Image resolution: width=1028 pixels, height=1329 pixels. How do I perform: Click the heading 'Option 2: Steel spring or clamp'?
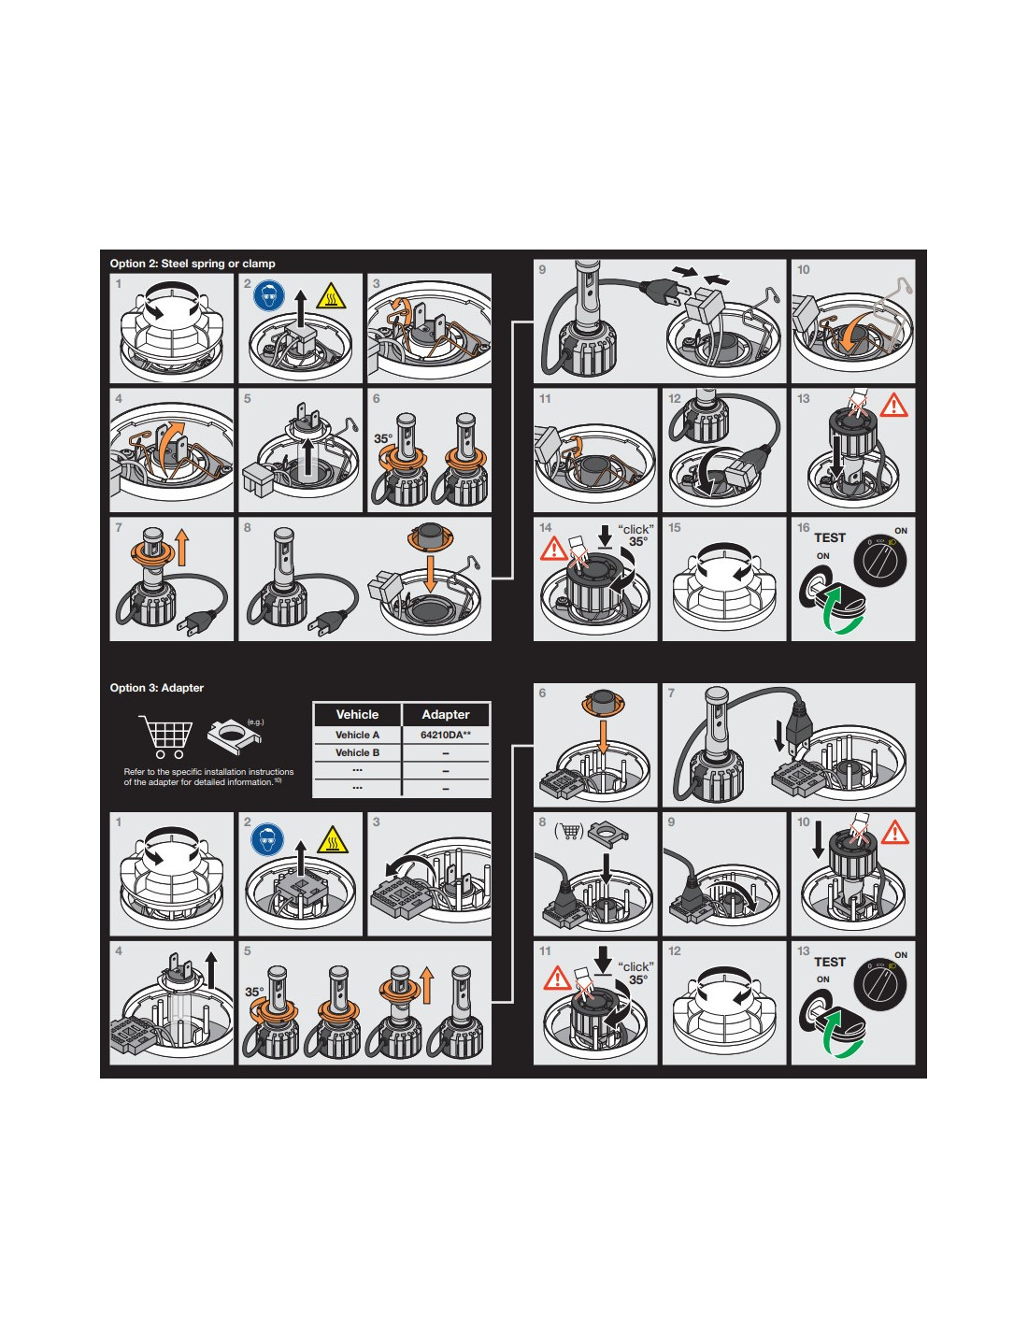coord(192,264)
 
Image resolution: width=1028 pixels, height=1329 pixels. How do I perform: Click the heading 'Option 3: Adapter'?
coord(157,688)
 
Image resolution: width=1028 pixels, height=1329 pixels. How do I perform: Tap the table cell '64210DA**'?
coord(445,735)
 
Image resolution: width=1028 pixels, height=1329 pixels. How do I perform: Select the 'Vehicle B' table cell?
coord(357,752)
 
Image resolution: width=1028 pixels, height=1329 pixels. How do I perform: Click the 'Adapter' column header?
coord(445,714)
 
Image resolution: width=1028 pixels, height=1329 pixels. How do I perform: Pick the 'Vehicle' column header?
coord(357,714)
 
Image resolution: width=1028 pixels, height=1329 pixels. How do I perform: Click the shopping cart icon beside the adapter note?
coord(165,736)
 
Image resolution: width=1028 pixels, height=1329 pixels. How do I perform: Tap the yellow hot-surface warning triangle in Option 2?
coord(331,296)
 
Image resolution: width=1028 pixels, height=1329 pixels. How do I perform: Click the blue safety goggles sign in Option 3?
coord(267,839)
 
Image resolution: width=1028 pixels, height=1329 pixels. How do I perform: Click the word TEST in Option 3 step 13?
coord(829,962)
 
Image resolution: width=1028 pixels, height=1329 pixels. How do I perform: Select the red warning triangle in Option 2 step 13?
coord(893,406)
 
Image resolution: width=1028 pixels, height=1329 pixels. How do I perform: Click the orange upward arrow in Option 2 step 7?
coord(181,547)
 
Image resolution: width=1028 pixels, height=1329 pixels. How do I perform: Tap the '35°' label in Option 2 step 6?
coord(383,438)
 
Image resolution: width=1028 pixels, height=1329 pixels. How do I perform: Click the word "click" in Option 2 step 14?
coord(635,529)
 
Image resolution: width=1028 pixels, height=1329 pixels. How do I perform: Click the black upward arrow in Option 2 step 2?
coord(300,310)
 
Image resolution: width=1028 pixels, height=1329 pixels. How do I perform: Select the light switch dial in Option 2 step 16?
coord(880,562)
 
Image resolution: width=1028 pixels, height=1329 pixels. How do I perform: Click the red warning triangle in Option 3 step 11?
coord(556,978)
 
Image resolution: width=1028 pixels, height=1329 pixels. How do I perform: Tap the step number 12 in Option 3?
coord(674,951)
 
